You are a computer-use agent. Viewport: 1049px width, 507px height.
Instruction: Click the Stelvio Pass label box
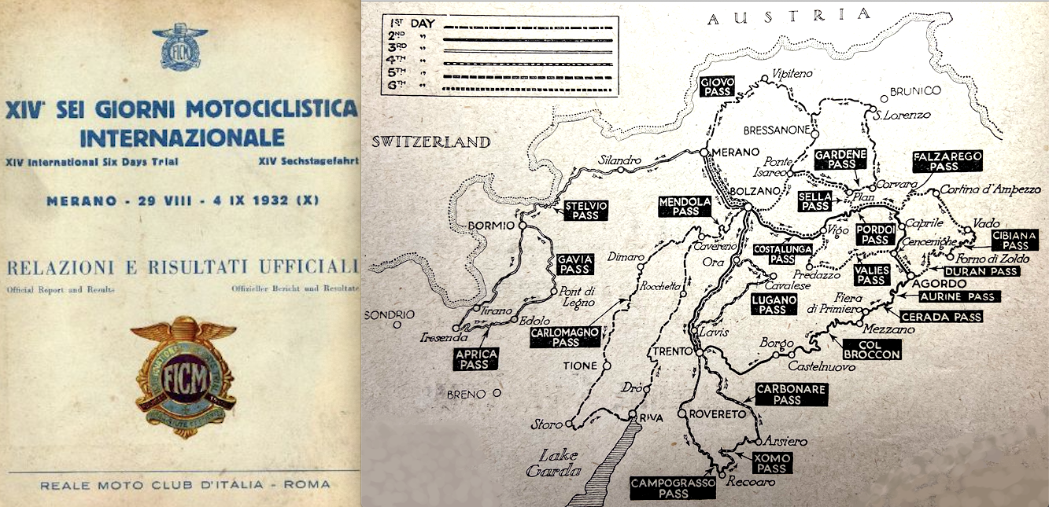(x=586, y=210)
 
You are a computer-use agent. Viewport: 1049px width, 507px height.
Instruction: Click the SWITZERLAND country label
(x=431, y=142)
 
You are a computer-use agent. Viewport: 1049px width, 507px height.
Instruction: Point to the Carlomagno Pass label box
(x=566, y=337)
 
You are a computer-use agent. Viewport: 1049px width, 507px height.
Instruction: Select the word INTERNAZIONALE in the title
(x=182, y=138)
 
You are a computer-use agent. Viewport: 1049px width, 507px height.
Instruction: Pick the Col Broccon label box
(x=871, y=349)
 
